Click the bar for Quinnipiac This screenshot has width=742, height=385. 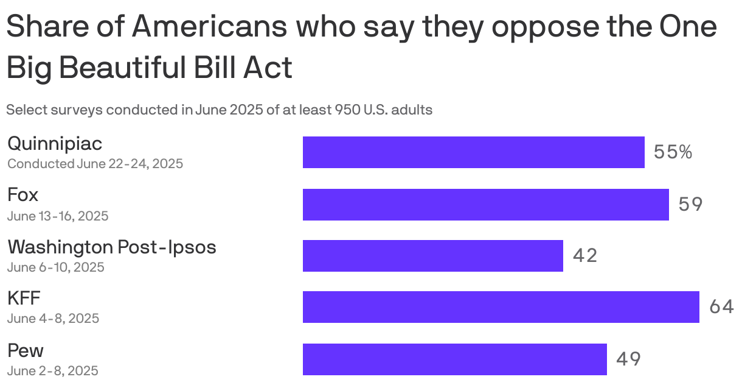[x=473, y=152]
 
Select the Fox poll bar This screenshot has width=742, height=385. [x=485, y=204]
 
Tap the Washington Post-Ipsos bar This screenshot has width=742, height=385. [x=432, y=256]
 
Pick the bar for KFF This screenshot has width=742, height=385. [x=501, y=307]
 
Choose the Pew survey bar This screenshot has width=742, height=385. [x=454, y=359]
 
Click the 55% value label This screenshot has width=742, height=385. [x=673, y=152]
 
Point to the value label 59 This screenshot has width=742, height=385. [x=690, y=204]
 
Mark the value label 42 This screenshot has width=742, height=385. [x=585, y=256]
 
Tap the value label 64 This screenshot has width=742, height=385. [x=721, y=307]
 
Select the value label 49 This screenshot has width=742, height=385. [x=628, y=359]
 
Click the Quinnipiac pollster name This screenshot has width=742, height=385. [x=55, y=144]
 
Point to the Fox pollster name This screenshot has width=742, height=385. [x=23, y=195]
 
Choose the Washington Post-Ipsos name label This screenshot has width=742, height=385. [x=112, y=247]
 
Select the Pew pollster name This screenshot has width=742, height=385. [x=26, y=350]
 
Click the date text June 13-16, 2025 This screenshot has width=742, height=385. [x=58, y=216]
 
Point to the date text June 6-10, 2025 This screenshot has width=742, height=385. [x=56, y=267]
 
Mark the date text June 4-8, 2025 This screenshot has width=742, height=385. [x=54, y=318]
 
